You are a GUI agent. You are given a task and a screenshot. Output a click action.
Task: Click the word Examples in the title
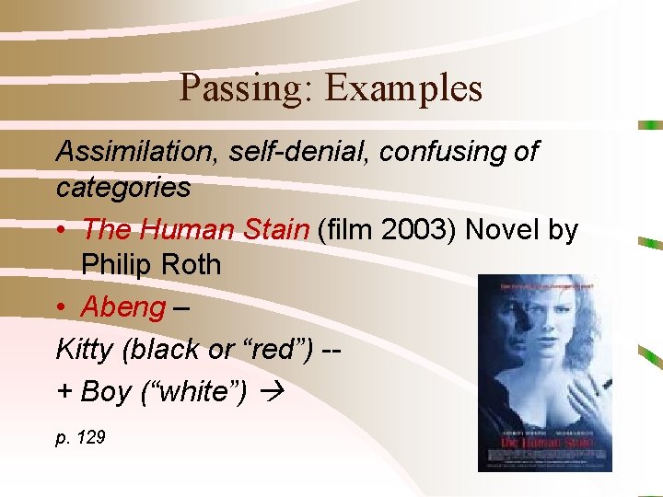(x=403, y=88)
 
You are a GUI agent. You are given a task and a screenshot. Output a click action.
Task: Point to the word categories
(x=123, y=189)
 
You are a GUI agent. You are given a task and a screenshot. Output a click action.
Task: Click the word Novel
(x=504, y=228)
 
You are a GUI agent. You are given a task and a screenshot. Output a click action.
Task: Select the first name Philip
(x=114, y=265)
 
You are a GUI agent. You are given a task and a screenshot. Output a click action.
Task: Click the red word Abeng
(x=123, y=306)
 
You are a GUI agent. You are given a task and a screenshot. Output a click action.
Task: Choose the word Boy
(x=105, y=391)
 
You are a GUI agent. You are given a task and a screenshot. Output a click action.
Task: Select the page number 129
(x=90, y=438)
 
